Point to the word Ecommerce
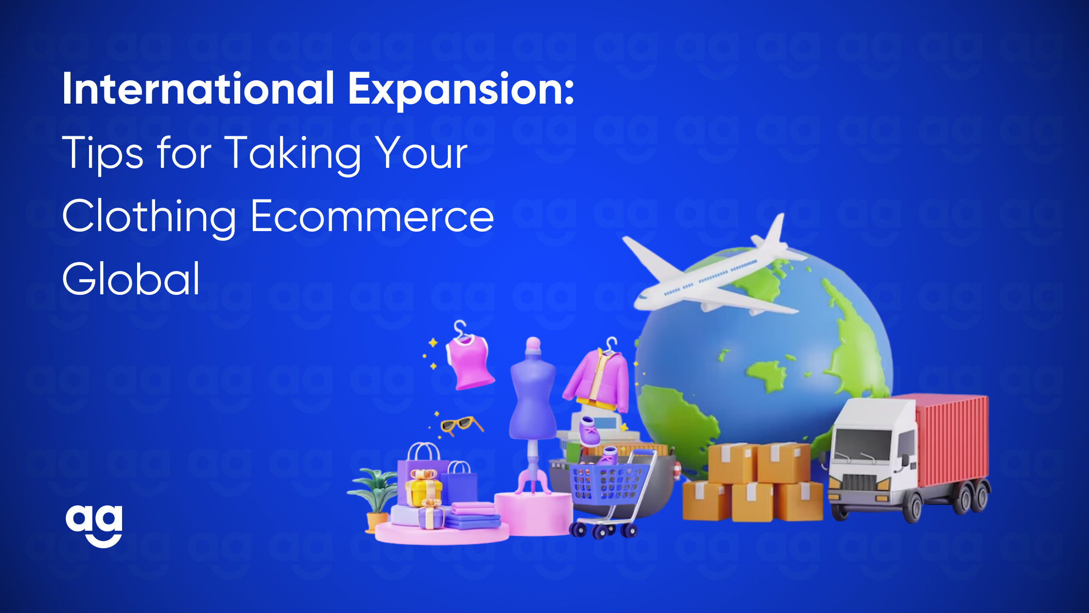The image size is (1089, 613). pyautogui.click(x=372, y=216)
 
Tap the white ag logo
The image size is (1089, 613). pyautogui.click(x=94, y=526)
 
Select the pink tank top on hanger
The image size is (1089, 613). pyautogui.click(x=468, y=362)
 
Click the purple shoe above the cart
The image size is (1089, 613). pyautogui.click(x=589, y=431)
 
